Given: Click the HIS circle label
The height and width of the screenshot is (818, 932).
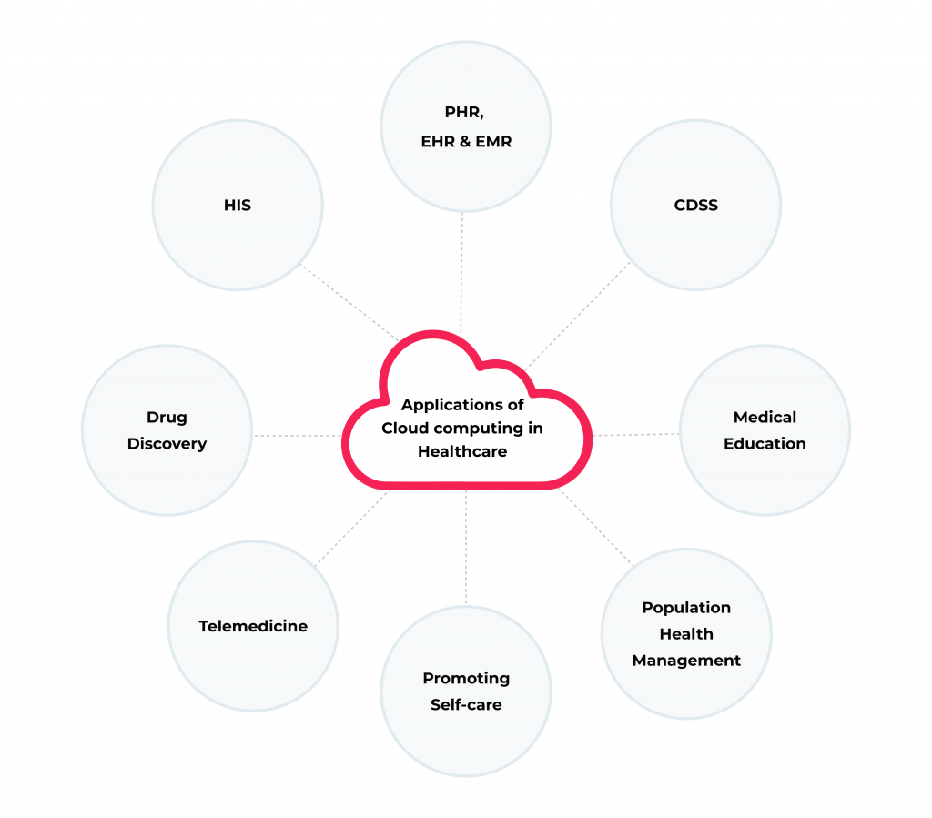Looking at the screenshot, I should (x=237, y=206).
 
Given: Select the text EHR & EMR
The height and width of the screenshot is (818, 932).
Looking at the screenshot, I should (x=466, y=141).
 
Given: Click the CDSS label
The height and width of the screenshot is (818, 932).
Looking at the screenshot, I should (x=695, y=206).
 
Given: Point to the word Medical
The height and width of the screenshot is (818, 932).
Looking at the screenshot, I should (x=765, y=418).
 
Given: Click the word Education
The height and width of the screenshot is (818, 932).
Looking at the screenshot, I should (x=765, y=444).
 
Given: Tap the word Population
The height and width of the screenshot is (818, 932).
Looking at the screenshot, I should (x=686, y=608).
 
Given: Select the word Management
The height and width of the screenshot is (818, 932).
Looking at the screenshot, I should (x=686, y=661).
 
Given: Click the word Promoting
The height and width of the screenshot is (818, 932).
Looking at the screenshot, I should (x=466, y=679).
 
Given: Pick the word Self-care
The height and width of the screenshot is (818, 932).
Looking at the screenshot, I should (x=466, y=705).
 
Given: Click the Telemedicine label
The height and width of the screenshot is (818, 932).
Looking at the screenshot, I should (x=253, y=626).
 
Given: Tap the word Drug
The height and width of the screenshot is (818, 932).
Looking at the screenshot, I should (x=167, y=418).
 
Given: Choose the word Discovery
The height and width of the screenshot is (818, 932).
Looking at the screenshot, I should (x=167, y=444).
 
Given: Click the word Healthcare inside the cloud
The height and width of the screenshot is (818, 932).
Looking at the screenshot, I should (x=462, y=451).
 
